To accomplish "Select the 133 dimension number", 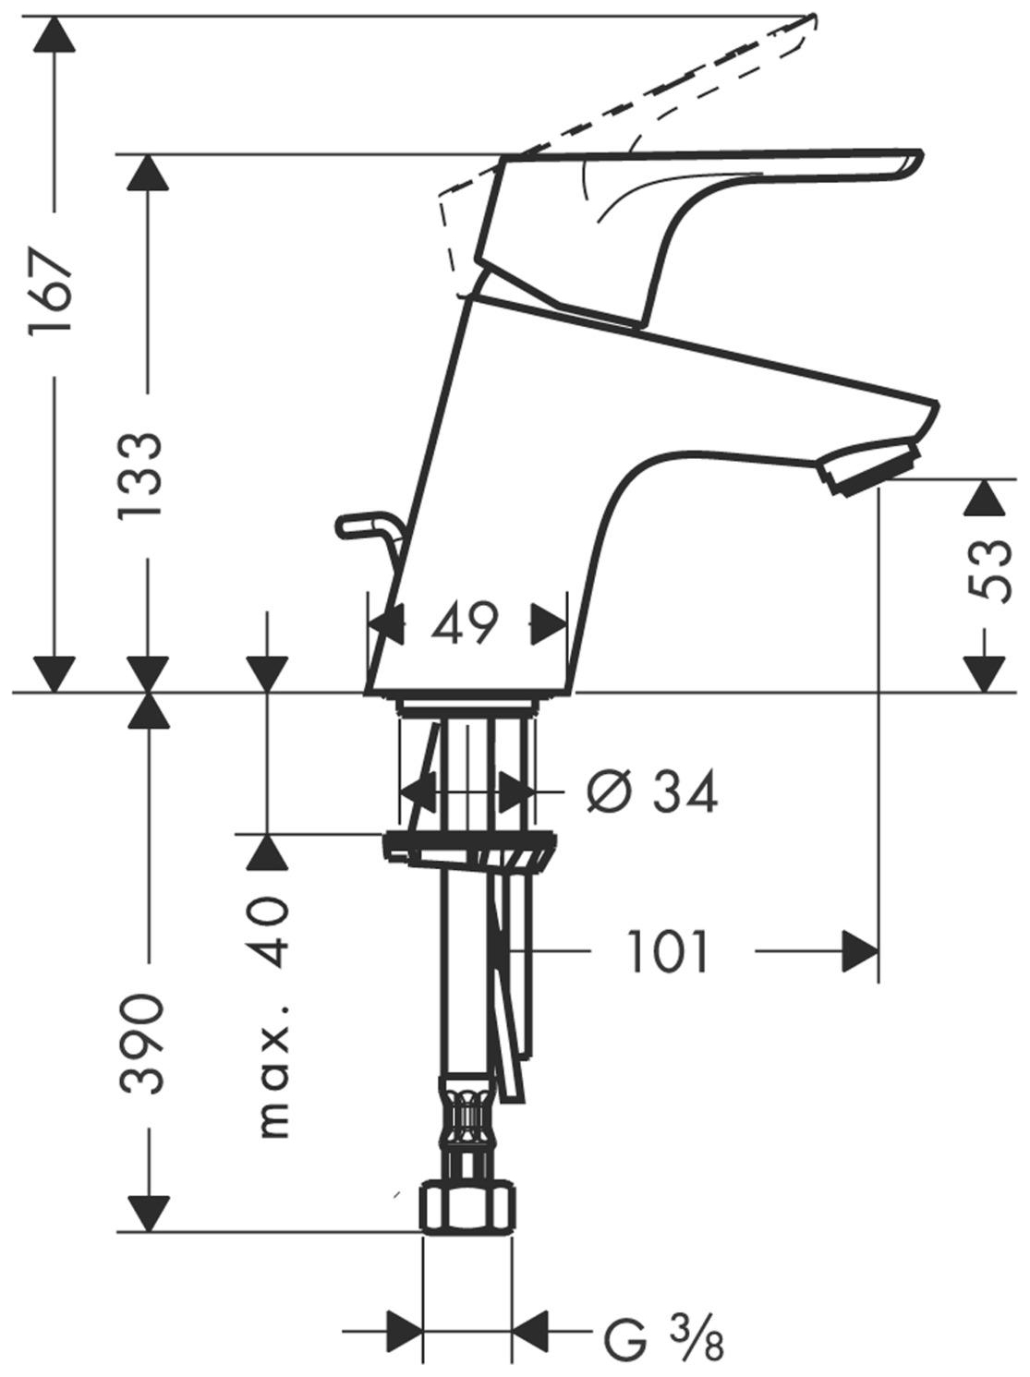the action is tap(139, 475).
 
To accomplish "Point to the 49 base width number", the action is tap(465, 624).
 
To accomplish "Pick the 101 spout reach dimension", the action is tap(668, 951).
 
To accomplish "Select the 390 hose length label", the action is tap(141, 1044).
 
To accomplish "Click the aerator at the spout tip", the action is tap(870, 467).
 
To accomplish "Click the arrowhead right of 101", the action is tap(860, 951).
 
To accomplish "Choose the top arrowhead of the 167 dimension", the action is tap(54, 34).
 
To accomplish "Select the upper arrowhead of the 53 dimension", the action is tap(984, 498).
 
